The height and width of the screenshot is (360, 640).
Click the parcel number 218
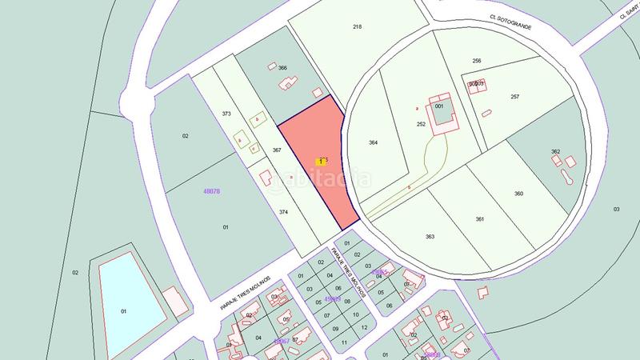coord(357,27)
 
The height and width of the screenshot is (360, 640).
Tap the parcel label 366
coord(282,68)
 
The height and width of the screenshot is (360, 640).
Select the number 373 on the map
coord(226,114)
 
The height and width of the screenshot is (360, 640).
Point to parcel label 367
coord(277,150)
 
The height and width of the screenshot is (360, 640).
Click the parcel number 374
coord(283,212)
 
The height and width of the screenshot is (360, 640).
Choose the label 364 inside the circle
coord(373,142)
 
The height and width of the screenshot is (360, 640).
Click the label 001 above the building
coord(439,106)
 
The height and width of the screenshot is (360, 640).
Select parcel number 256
coord(477,62)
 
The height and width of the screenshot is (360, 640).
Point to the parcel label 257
coord(514,97)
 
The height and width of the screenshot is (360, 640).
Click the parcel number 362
coord(555,151)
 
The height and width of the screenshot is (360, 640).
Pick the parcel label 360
coord(518,194)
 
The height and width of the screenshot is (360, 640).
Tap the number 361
coord(480,219)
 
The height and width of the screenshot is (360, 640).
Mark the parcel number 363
coord(430,236)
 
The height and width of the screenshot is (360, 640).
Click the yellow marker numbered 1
coord(321,161)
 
